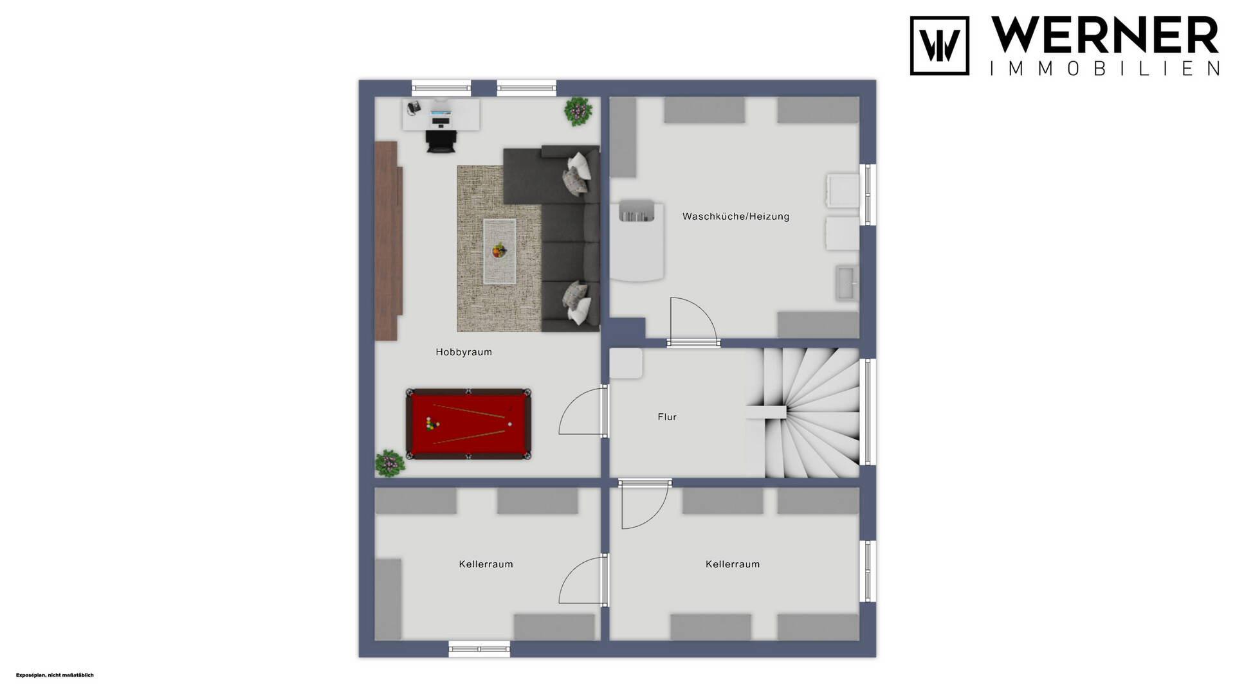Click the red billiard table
tap(468, 423)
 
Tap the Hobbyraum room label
tap(464, 352)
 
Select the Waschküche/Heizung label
tap(736, 217)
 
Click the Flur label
tap(667, 417)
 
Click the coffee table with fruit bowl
tap(500, 251)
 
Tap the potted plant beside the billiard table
tap(390, 463)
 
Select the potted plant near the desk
tap(578, 111)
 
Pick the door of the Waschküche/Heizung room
tap(693, 321)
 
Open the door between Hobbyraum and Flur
tap(583, 412)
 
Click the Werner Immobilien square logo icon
tap(939, 46)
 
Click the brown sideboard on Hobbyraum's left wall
tap(389, 240)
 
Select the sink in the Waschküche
tap(847, 283)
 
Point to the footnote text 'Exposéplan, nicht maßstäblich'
tap(55, 675)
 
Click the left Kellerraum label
tap(486, 564)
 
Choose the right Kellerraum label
tap(733, 564)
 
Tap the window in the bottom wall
tap(479, 649)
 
